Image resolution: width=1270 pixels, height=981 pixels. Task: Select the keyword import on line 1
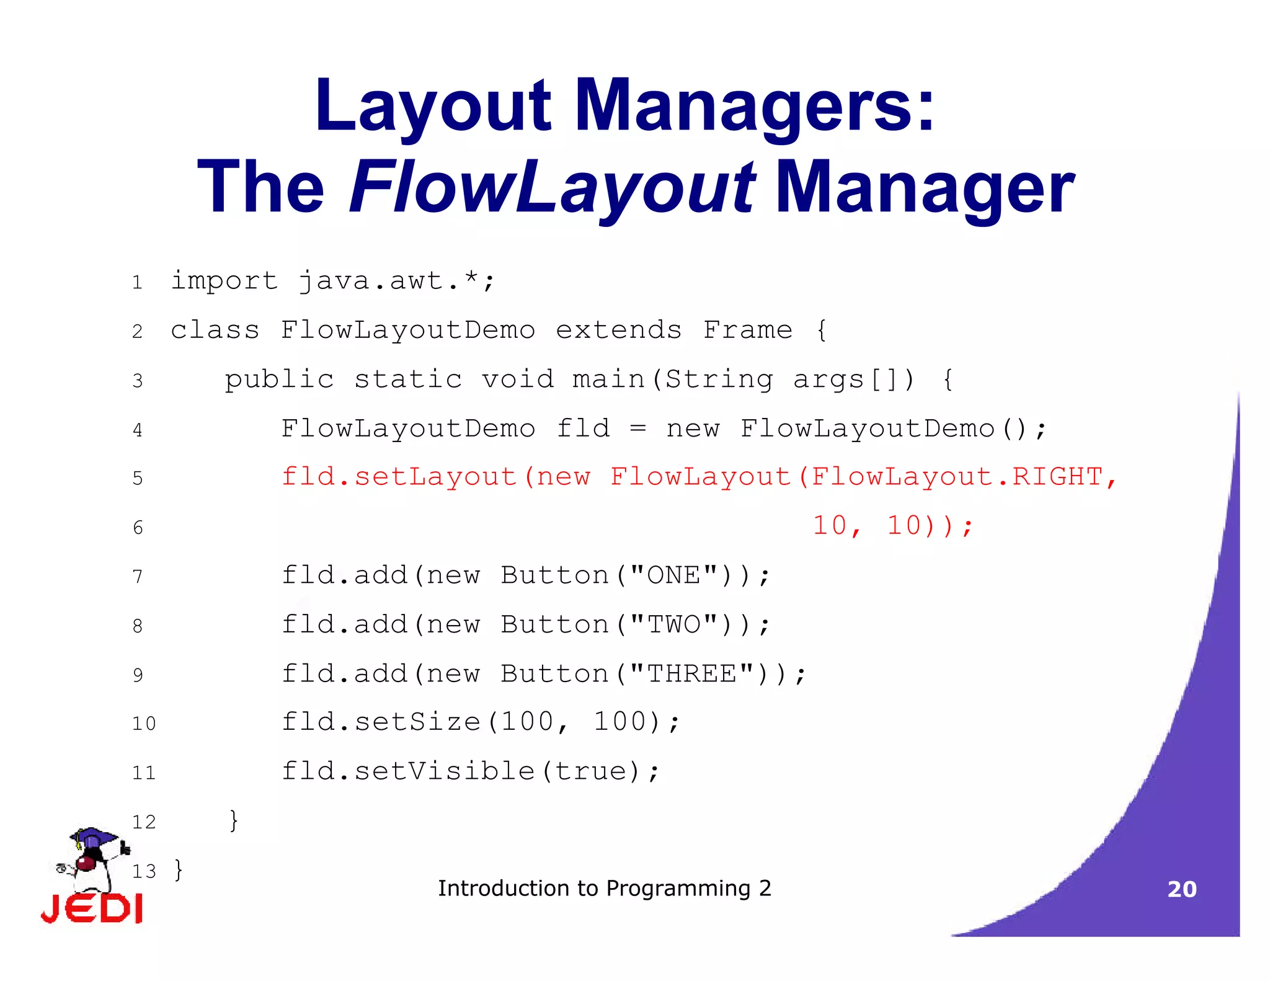click(224, 281)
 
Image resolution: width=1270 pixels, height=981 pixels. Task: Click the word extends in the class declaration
click(618, 330)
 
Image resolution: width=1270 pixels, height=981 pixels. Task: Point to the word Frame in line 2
click(747, 330)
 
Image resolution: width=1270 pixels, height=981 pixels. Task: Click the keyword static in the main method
click(408, 379)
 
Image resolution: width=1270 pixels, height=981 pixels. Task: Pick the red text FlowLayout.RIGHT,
click(964, 477)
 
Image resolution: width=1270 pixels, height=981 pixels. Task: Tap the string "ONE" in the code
click(673, 575)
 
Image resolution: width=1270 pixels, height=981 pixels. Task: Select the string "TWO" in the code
click(673, 624)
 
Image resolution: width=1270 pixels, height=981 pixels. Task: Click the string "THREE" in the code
click(691, 673)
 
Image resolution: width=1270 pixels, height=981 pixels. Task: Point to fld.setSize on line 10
click(381, 722)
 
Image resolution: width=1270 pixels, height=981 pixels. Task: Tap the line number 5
click(138, 478)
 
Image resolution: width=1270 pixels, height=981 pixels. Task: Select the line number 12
click(144, 822)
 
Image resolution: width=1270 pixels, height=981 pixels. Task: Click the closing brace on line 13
click(179, 870)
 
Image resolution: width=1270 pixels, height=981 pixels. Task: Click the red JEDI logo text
click(92, 909)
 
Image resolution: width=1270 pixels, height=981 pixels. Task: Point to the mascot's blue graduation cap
click(94, 837)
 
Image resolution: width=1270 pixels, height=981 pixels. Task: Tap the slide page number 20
click(1182, 889)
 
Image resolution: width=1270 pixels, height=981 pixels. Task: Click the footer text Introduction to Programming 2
click(605, 889)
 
